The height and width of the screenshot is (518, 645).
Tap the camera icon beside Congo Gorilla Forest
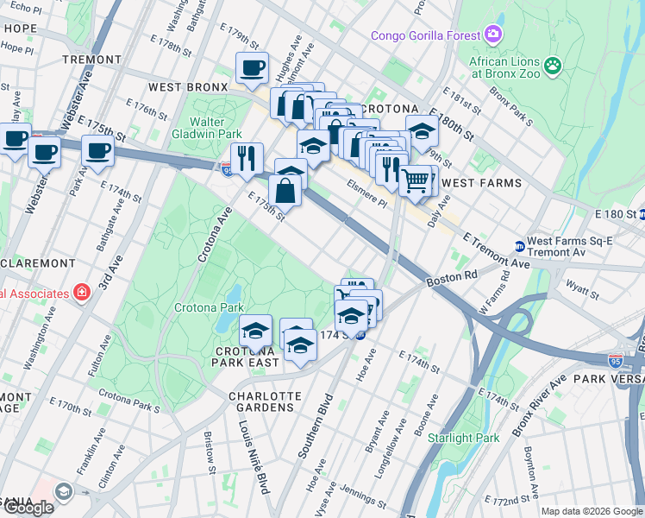(x=493, y=35)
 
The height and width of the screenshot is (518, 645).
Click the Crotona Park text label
(x=209, y=307)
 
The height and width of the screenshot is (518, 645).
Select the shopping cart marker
(x=416, y=180)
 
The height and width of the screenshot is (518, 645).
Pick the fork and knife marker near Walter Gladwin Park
(x=247, y=158)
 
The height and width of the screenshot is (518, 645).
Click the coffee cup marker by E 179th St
(x=252, y=67)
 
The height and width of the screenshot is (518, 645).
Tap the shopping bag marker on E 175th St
(x=285, y=191)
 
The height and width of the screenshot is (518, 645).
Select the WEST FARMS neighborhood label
(x=483, y=183)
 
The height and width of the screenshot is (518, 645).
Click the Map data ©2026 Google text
(x=592, y=511)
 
